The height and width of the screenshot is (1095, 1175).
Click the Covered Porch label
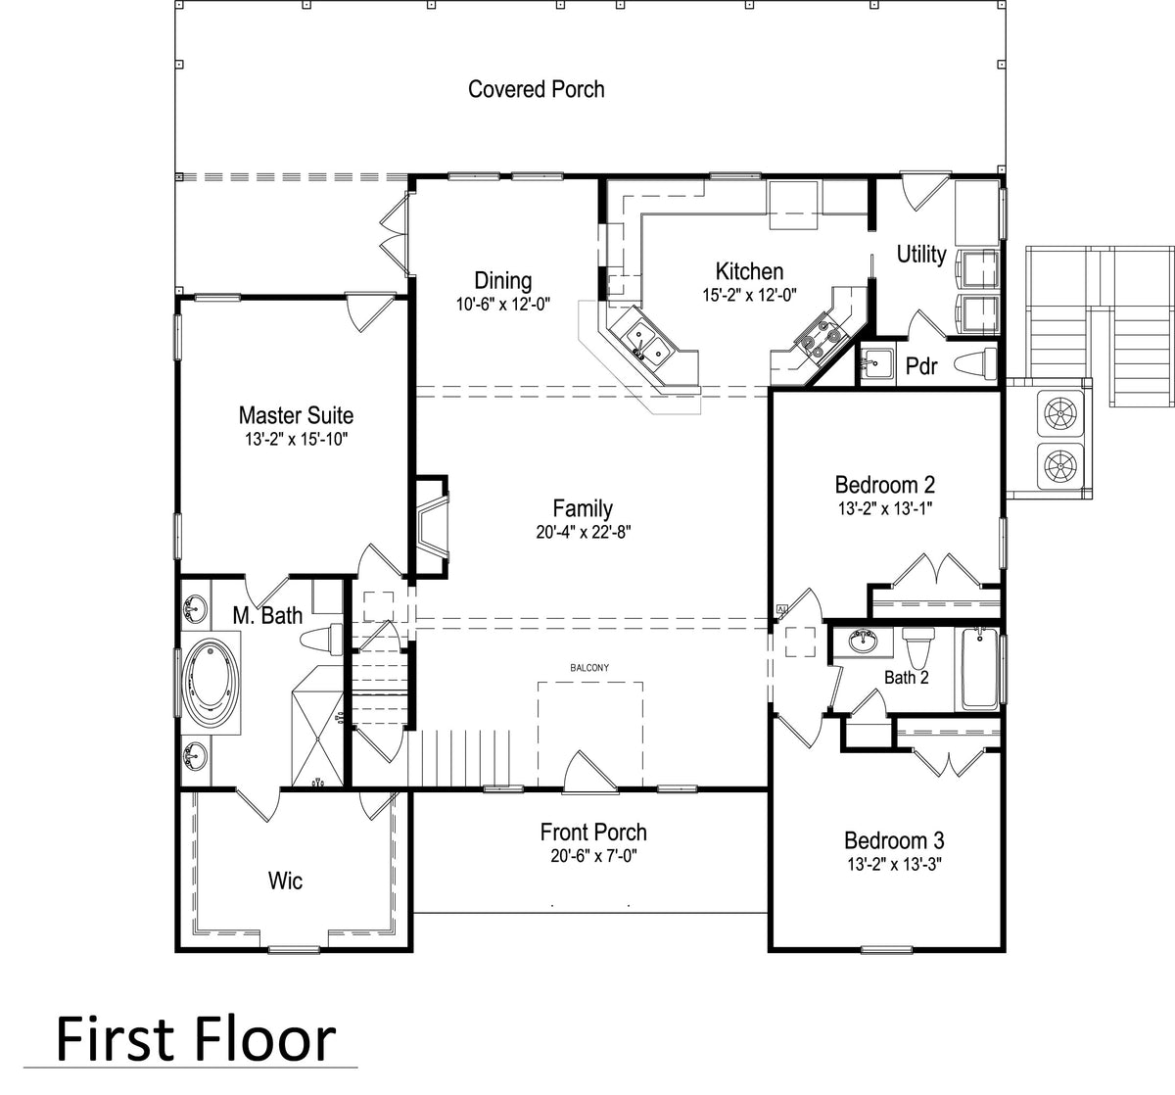[536, 89]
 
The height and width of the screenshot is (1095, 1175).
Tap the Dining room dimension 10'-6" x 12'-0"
[503, 305]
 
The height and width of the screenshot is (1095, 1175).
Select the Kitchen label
[749, 271]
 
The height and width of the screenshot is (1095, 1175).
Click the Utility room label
[921, 255]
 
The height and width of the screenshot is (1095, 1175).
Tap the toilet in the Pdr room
[975, 364]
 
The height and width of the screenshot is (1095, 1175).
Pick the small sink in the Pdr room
[876, 361]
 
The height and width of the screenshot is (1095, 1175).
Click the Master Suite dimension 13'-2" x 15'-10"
[297, 439]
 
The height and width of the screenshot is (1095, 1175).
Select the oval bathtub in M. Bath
[211, 683]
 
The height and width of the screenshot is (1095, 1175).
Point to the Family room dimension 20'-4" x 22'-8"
[584, 532]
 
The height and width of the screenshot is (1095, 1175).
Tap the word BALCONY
[589, 668]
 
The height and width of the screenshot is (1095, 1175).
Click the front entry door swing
[589, 771]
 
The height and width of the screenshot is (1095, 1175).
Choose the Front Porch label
[593, 833]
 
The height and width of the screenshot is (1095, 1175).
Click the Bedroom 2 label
[885, 485]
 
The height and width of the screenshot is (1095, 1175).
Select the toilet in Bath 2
[917, 647]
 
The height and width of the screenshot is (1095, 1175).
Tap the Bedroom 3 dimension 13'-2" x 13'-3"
[895, 864]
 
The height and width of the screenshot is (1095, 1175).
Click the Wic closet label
[285, 881]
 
